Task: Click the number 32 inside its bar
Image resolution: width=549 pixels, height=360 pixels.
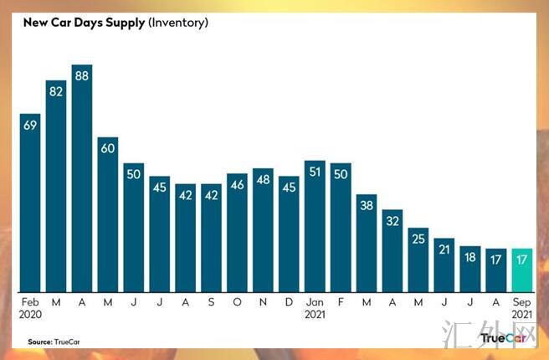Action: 393,222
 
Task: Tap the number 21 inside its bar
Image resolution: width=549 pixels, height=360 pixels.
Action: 444,249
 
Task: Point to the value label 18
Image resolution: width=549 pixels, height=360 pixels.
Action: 470,257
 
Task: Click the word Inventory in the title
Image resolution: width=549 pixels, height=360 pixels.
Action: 177,23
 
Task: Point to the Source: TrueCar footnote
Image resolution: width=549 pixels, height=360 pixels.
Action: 52,342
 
